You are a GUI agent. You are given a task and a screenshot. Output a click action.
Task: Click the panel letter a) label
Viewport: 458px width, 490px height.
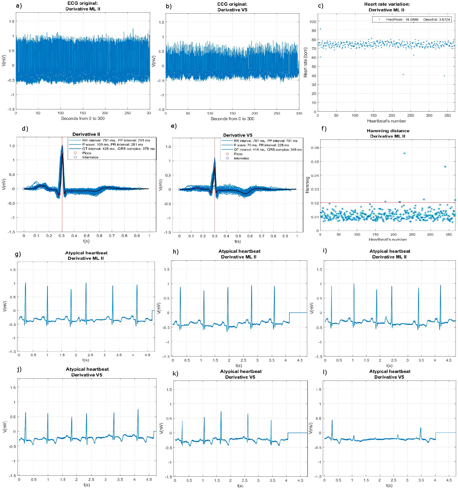tap(19, 6)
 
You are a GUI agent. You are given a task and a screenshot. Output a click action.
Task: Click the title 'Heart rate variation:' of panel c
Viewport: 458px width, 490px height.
tap(387, 4)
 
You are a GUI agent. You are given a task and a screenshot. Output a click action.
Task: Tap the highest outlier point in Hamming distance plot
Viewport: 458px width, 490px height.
tap(404, 153)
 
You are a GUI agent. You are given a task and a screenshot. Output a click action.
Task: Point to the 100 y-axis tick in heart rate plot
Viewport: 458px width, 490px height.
tap(313, 22)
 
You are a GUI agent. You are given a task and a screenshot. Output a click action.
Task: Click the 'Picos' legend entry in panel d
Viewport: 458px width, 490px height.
tap(87, 153)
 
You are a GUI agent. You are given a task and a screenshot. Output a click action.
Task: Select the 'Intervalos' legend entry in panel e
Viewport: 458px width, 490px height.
tap(241, 158)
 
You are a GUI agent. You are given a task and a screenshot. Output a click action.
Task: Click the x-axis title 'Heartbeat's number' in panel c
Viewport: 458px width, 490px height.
tap(386, 121)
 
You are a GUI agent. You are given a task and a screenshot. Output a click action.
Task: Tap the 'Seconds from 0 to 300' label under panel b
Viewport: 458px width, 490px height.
tap(232, 119)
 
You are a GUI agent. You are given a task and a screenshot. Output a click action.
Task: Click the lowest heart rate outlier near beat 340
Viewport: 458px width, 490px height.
tap(444, 76)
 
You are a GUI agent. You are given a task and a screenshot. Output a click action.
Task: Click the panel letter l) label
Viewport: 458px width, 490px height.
tap(325, 372)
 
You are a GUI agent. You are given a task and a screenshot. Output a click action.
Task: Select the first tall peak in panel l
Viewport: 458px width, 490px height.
tap(332, 420)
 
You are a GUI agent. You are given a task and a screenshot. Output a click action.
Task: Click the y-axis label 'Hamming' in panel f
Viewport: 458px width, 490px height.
tap(307, 185)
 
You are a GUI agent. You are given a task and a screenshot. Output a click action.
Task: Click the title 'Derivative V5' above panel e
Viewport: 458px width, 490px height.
tap(238, 135)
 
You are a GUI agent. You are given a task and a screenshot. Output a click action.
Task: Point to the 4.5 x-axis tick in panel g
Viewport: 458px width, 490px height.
tap(147, 355)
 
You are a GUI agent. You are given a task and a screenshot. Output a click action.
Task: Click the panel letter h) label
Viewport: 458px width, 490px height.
tap(175, 252)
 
